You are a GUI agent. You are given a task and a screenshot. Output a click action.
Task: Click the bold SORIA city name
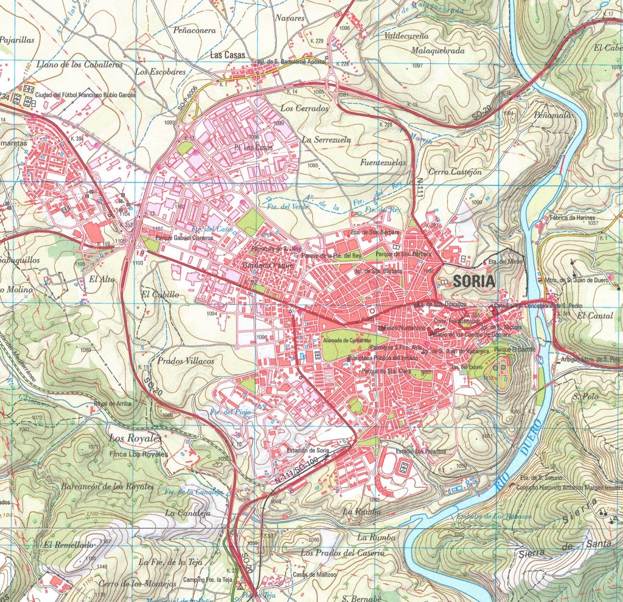point(474,282)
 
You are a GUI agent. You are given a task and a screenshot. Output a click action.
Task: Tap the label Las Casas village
point(227,55)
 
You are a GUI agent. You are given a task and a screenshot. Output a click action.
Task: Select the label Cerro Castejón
point(454,172)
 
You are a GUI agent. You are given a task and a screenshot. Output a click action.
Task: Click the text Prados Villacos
point(186,361)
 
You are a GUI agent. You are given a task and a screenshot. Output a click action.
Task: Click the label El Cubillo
point(159,294)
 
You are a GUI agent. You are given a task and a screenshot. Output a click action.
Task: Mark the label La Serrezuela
point(327,139)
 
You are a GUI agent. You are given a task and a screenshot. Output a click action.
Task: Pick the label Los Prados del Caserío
point(343,553)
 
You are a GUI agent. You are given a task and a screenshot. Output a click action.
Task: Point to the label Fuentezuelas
point(383,163)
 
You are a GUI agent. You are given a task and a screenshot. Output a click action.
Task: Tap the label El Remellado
point(68,544)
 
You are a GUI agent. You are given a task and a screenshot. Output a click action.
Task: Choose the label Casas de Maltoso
point(315,576)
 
